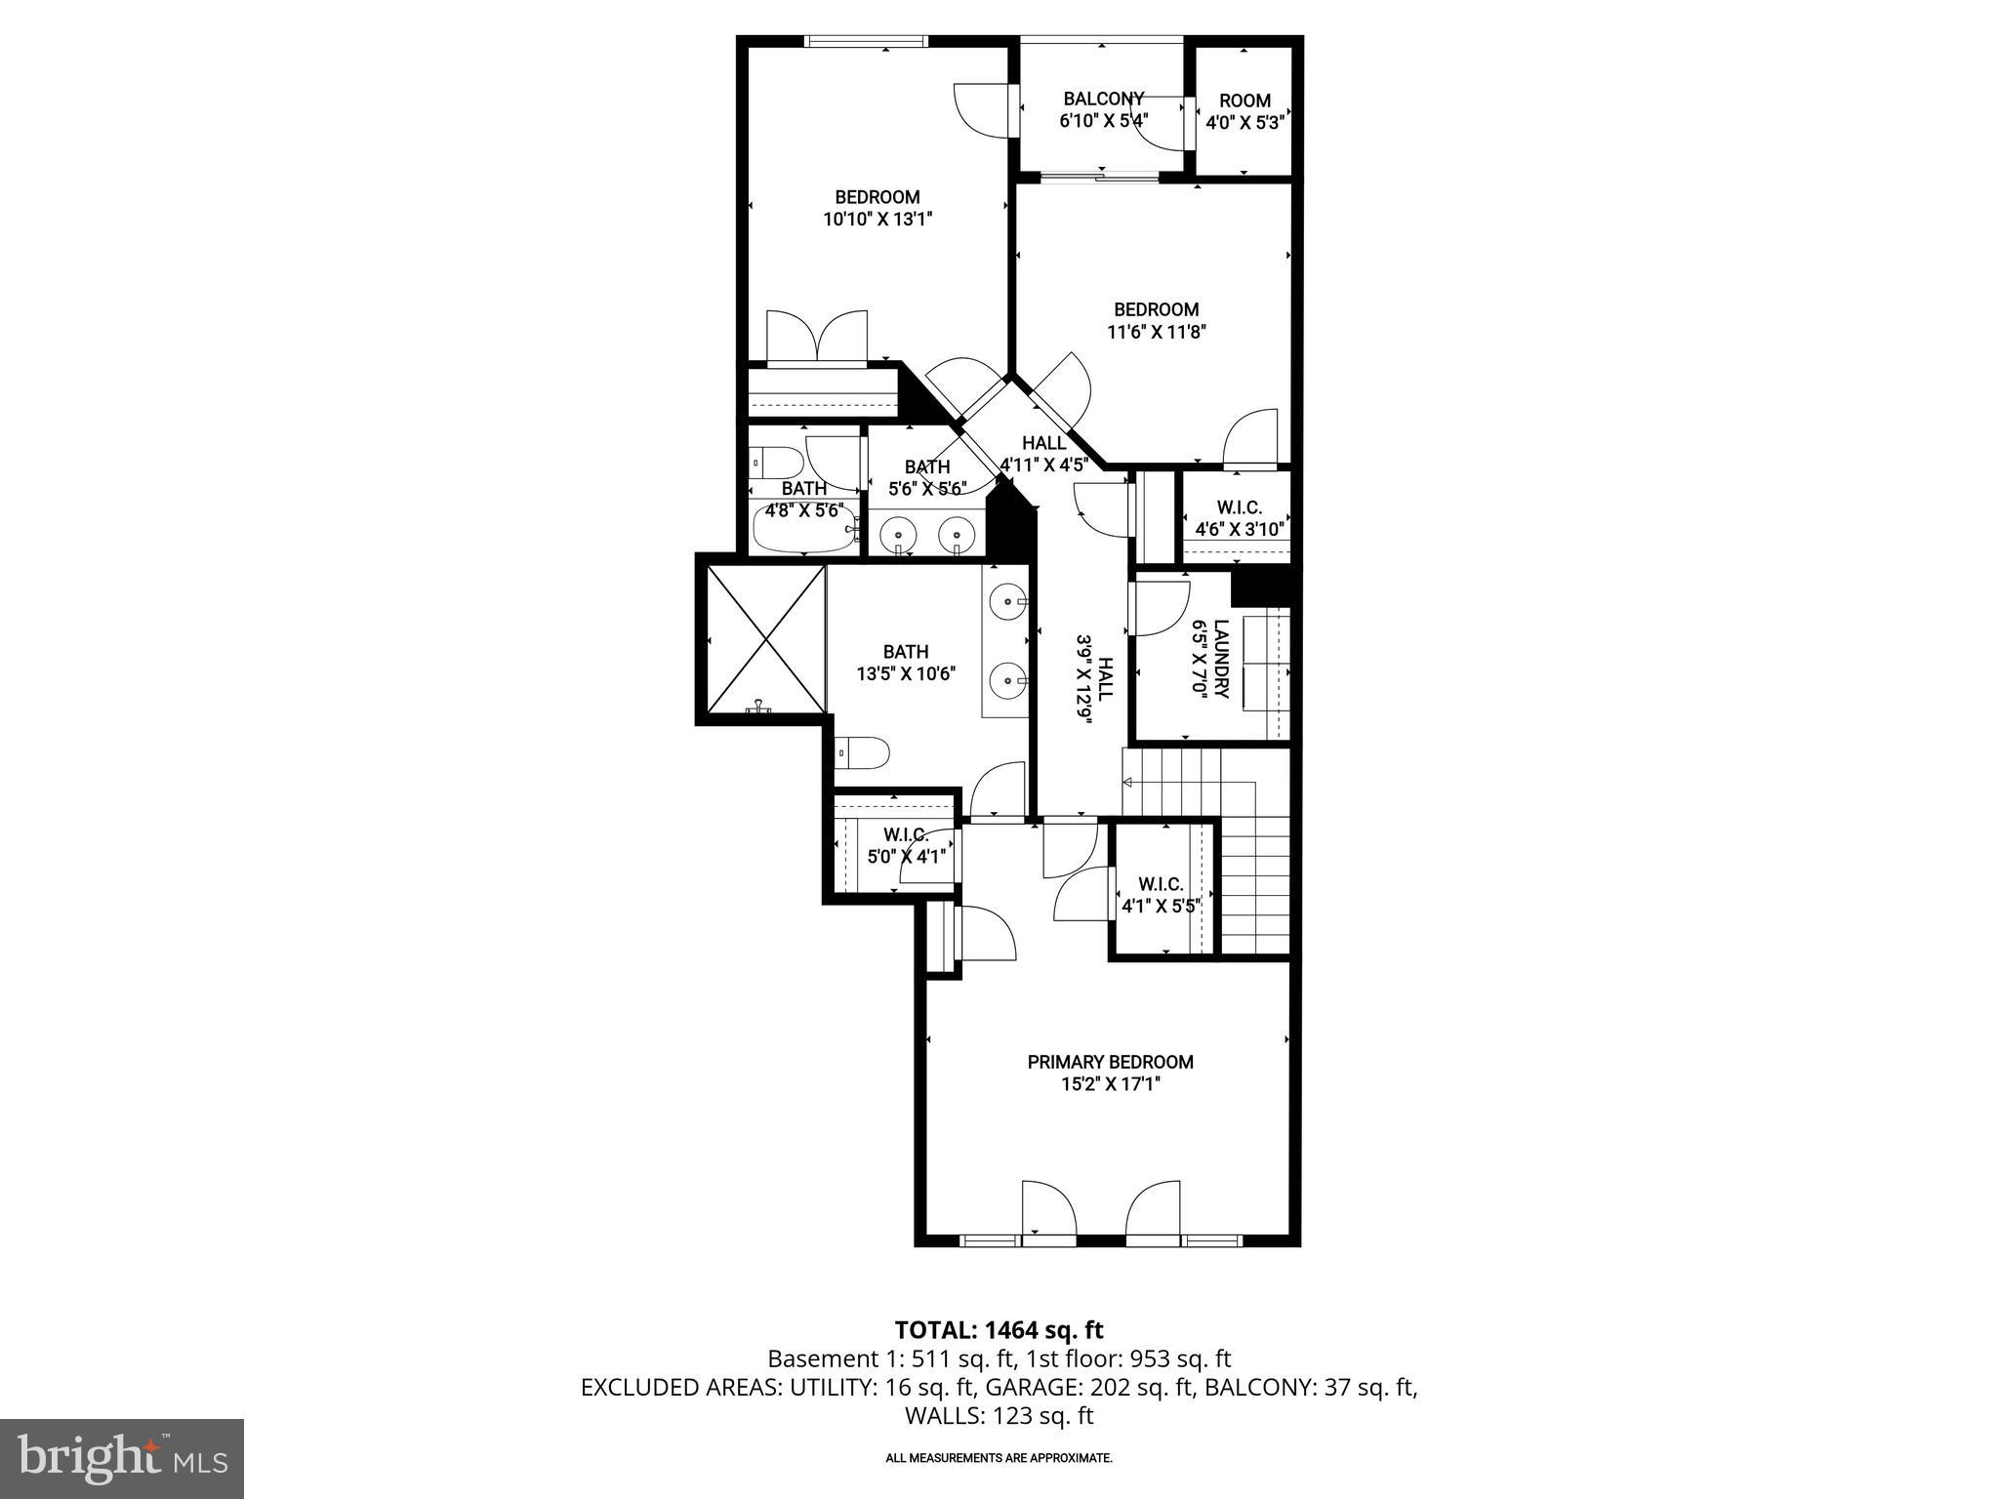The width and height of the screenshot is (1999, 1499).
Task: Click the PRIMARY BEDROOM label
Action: coord(1110,1062)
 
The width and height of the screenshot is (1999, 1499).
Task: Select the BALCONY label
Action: coord(1103,99)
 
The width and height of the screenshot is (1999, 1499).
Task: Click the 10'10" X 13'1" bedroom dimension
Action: coord(877,220)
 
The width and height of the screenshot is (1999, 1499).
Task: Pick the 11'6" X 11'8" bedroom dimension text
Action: coord(1156,332)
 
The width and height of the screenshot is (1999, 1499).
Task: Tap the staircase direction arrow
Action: coord(1128,782)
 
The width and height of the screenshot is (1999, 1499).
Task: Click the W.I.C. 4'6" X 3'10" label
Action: coord(1239,518)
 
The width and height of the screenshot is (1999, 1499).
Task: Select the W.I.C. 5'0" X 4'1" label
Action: coord(906,845)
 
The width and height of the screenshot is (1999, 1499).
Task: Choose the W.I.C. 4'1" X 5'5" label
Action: coord(1160,894)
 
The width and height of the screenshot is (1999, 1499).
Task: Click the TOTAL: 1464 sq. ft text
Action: coord(999,1330)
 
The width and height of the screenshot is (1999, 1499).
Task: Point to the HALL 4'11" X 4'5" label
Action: coord(1043,454)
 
